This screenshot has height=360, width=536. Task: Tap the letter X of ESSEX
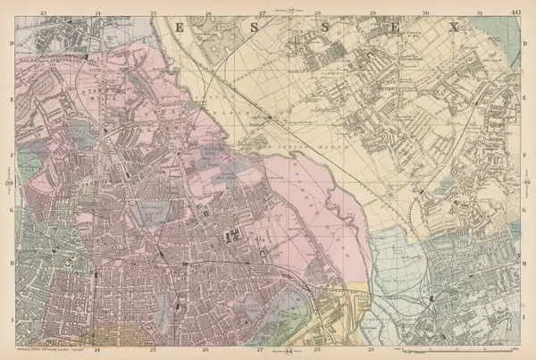click(x=453, y=28)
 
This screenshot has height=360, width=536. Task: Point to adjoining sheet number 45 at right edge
click(x=526, y=183)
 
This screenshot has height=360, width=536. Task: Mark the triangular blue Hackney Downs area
click(x=31, y=165)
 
